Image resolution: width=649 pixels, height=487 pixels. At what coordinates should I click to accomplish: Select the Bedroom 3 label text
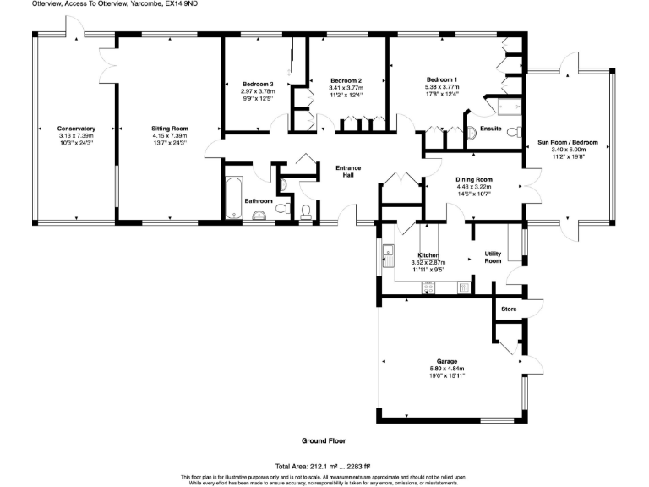tap(258, 85)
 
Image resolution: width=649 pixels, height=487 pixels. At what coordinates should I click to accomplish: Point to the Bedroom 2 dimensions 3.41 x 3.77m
tap(346, 87)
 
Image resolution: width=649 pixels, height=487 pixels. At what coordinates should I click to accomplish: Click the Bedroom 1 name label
tap(441, 79)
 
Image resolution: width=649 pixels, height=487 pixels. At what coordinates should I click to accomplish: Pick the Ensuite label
tap(490, 129)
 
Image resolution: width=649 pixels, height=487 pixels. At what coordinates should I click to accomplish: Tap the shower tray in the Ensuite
tap(510, 107)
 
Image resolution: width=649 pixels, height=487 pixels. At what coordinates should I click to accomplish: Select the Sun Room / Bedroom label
tap(568, 142)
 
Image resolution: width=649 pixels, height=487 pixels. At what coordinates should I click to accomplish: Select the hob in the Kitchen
tap(430, 287)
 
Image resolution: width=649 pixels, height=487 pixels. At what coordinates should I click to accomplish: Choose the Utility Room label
tap(493, 258)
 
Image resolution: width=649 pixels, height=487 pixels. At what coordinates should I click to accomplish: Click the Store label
tap(508, 310)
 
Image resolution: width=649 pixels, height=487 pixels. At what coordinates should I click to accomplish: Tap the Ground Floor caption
tap(324, 441)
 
